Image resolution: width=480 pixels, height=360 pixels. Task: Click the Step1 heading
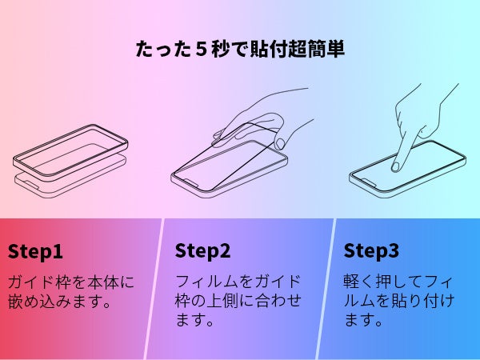(x=35, y=252)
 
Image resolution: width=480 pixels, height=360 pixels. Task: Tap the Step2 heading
(x=202, y=251)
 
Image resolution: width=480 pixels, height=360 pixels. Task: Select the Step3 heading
(x=371, y=251)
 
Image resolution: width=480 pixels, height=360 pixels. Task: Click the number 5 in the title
(x=201, y=50)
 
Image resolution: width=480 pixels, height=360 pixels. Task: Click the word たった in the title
(x=163, y=50)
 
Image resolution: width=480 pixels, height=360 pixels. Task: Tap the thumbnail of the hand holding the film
(x=280, y=143)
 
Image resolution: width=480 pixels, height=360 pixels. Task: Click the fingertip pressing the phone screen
(x=396, y=167)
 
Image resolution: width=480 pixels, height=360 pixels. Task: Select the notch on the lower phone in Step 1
(x=30, y=186)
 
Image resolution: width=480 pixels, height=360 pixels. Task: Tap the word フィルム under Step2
(x=206, y=282)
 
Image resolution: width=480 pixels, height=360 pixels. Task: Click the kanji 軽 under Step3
(x=351, y=282)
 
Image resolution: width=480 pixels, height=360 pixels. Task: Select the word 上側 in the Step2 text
(x=222, y=300)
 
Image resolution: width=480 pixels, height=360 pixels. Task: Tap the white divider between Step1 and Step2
(x=154, y=289)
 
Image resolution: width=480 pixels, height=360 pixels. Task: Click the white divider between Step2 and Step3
(x=326, y=289)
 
